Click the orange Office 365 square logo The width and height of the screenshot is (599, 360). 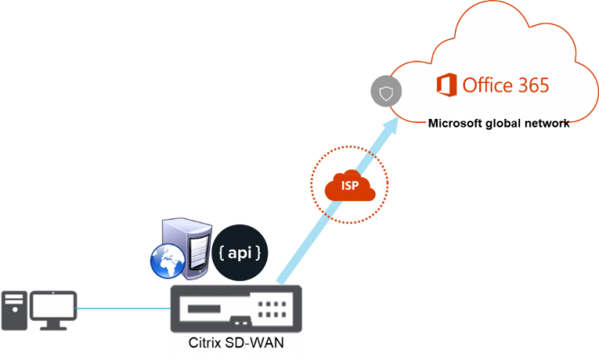pyautogui.click(x=448, y=85)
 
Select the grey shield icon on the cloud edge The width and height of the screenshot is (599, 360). pyautogui.click(x=385, y=92)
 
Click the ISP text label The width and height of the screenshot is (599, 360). pyautogui.click(x=350, y=185)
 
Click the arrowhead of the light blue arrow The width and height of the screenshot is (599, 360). pyautogui.click(x=389, y=123)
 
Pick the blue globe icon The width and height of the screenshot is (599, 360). pyautogui.click(x=170, y=259)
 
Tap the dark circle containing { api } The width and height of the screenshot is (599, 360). pyautogui.click(x=242, y=252)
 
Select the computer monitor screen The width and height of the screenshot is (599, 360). pyautogui.click(x=54, y=305)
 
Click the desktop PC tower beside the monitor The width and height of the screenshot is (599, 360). pyautogui.click(x=13, y=310)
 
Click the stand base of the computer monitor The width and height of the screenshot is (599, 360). pyautogui.click(x=54, y=328)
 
